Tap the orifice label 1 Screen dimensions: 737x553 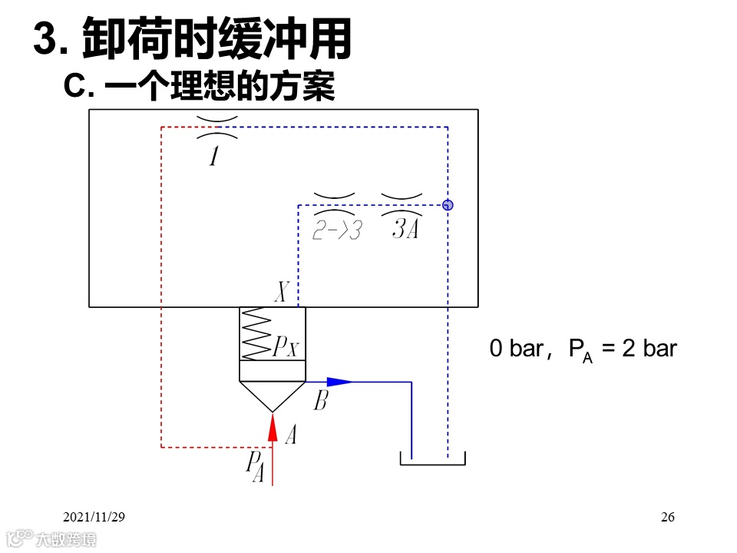click(214, 157)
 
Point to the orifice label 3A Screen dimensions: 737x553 click(405, 228)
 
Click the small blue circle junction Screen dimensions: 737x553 click(448, 205)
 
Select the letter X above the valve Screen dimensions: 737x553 click(282, 293)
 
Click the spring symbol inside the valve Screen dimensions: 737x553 click(256, 334)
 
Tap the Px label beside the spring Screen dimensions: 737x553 click(286, 348)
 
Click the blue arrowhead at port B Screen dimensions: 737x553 click(341, 381)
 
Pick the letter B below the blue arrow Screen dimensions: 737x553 click(320, 400)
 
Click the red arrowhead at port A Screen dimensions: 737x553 click(272, 427)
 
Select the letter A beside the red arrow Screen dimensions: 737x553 click(290, 436)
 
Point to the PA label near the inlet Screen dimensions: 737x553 click(256, 465)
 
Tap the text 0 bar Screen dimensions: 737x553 click(515, 349)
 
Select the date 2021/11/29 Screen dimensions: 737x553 click(94, 517)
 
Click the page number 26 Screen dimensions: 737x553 click(667, 517)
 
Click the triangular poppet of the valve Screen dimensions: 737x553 click(272, 395)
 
